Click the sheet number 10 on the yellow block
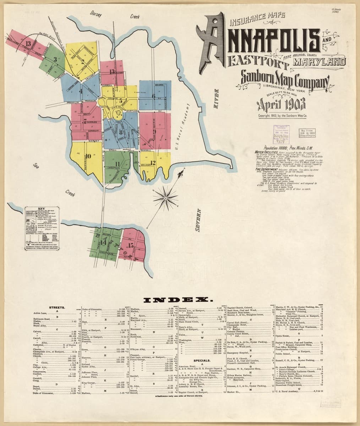(x=88, y=155)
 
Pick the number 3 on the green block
(x=55, y=60)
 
